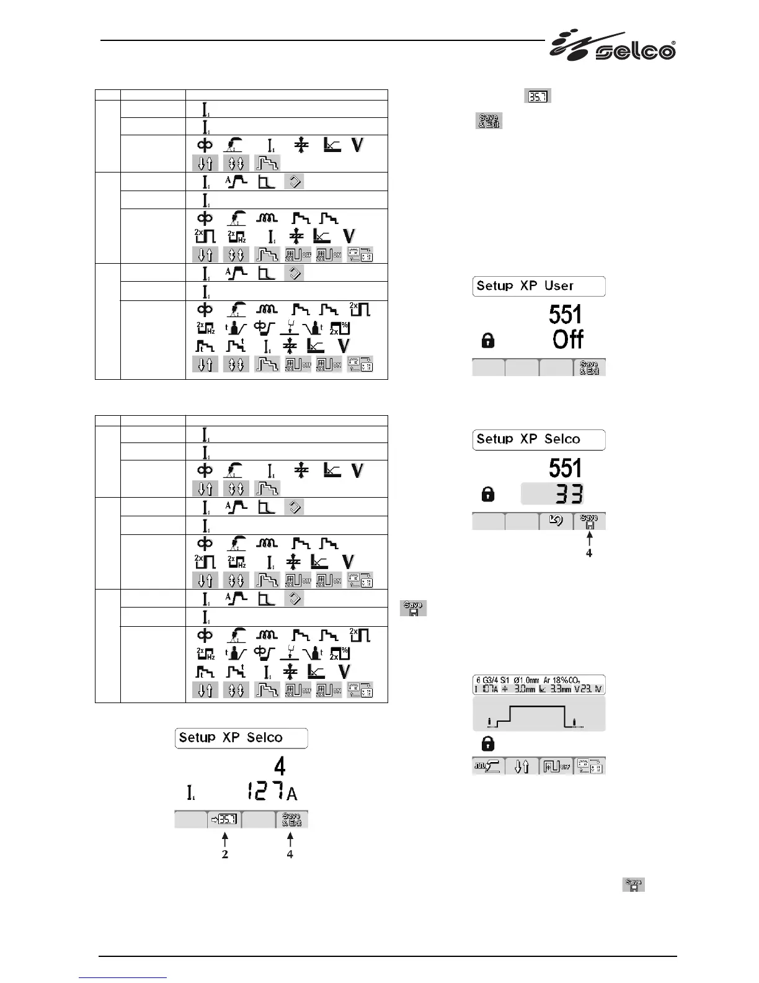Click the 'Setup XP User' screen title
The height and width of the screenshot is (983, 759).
tap(538, 286)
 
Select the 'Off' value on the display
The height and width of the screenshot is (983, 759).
tap(568, 339)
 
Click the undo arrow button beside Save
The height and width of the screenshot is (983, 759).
tap(556, 521)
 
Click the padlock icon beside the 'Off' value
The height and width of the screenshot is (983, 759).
tap(489, 340)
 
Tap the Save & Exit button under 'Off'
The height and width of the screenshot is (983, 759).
tap(588, 367)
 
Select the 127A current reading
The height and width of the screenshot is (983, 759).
tap(271, 792)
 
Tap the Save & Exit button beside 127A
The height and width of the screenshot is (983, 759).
tap(291, 819)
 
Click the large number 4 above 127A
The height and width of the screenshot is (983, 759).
tap(280, 766)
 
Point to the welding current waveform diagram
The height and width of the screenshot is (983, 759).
tap(538, 714)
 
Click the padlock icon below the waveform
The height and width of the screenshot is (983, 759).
tap(488, 743)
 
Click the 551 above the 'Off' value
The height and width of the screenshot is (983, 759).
tap(566, 315)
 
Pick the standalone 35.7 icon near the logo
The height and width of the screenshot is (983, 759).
tap(538, 96)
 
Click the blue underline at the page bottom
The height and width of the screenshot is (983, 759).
tap(123, 977)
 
